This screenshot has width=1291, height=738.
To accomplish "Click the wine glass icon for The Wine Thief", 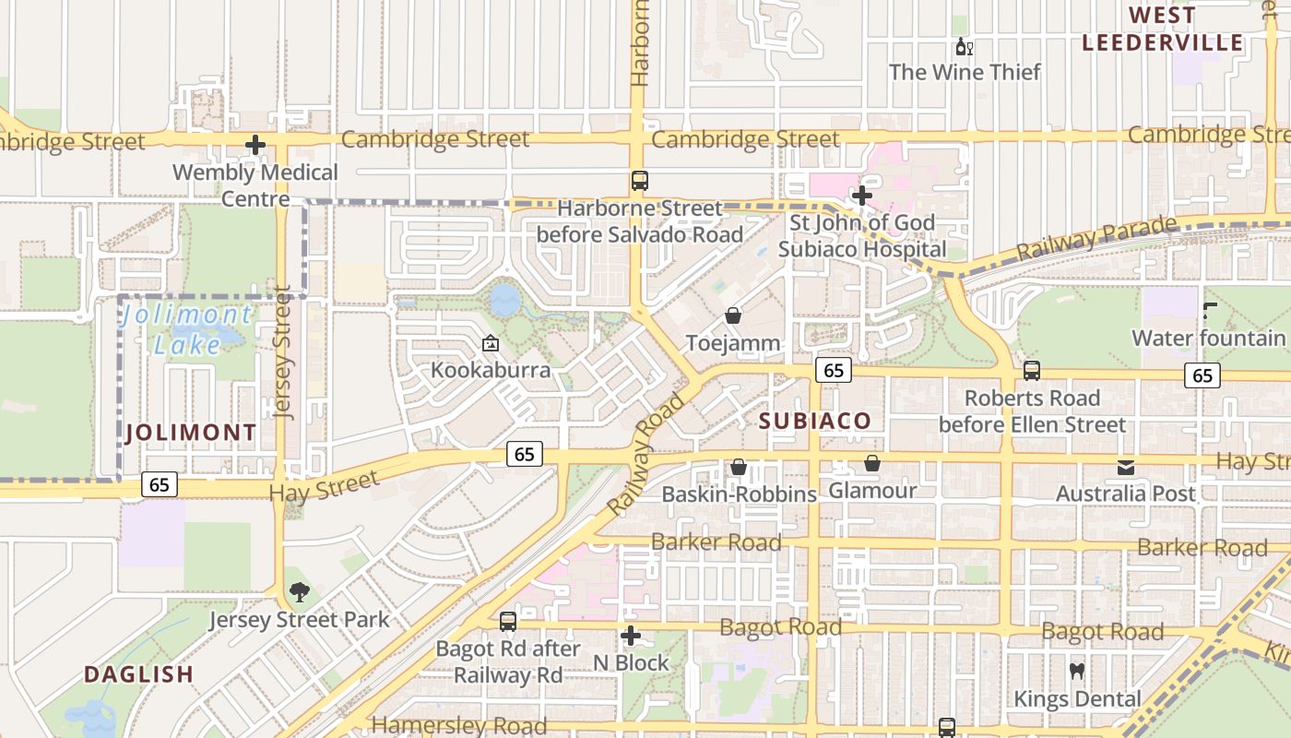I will tap(964, 47).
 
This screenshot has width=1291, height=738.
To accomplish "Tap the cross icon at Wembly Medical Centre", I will tap(255, 145).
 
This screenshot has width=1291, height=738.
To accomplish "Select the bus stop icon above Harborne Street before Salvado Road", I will tap(639, 181).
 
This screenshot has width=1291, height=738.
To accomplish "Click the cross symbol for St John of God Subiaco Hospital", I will tap(861, 196).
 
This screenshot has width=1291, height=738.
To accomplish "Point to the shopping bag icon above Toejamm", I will tap(733, 316).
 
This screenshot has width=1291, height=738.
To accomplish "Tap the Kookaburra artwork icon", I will tap(491, 344).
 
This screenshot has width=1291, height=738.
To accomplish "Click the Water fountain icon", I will tap(1209, 312).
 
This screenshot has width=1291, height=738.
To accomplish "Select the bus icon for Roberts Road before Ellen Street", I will tap(1031, 371).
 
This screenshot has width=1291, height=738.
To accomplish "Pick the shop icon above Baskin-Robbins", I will tap(739, 468).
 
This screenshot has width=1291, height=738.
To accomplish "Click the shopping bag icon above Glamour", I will tap(871, 463).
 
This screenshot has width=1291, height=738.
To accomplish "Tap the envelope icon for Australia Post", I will tap(1125, 467).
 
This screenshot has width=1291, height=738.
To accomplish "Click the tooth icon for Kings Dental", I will tap(1076, 672).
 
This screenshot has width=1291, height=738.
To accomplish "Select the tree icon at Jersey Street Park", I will tap(299, 592).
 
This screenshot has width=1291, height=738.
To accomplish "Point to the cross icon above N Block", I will tap(631, 636).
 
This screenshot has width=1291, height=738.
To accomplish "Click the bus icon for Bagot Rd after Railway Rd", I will tap(508, 622).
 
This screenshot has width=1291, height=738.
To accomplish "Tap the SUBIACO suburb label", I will tap(814, 422).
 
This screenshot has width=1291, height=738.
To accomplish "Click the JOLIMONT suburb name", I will tap(191, 433).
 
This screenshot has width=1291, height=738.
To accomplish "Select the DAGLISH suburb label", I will tap(139, 674).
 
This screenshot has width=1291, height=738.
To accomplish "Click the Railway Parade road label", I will tap(1096, 238).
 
